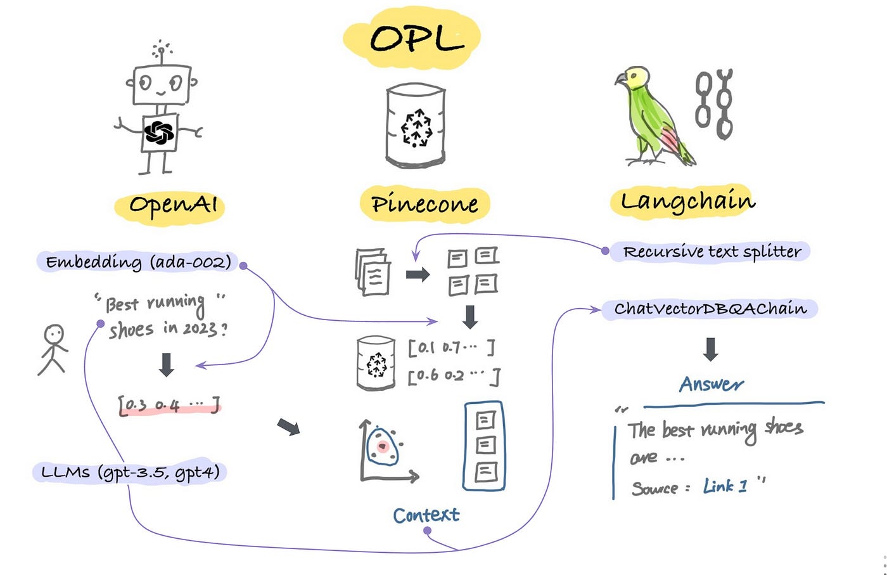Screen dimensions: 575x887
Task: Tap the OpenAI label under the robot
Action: (172, 205)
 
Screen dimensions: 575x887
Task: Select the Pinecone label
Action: (424, 204)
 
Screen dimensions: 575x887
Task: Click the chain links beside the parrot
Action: (714, 105)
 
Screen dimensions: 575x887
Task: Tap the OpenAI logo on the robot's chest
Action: (158, 132)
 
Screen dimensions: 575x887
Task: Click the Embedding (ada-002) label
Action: (138, 262)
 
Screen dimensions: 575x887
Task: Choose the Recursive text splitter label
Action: (712, 252)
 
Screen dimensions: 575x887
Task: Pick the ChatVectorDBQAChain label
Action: (710, 309)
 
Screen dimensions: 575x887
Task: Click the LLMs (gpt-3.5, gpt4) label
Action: (130, 472)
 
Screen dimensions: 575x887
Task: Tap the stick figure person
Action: (53, 350)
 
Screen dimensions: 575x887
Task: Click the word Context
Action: (426, 515)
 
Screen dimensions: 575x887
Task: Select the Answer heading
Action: (711, 384)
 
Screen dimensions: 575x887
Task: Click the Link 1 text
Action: (725, 487)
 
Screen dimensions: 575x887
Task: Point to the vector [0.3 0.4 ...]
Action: (169, 404)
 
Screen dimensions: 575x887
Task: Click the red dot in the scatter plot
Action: (382, 447)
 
